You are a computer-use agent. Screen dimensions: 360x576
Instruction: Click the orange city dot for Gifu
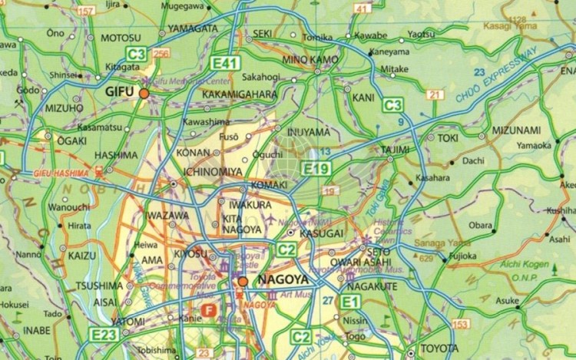(144, 92)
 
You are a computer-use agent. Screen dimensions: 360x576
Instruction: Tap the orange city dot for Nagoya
(243, 282)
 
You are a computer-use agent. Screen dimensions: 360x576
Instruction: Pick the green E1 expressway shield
(351, 301)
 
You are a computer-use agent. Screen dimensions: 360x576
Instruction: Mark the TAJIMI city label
(395, 149)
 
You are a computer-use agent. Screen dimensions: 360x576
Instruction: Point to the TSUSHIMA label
(99, 286)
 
